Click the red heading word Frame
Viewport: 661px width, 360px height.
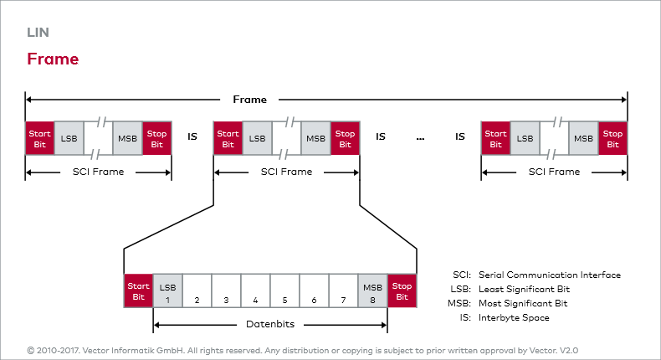(x=53, y=59)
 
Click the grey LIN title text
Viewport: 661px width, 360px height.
(x=37, y=33)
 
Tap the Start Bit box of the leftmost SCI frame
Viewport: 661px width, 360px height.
(x=40, y=138)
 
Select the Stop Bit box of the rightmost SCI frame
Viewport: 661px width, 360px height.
(x=612, y=138)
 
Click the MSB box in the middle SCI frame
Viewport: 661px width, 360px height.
(x=315, y=138)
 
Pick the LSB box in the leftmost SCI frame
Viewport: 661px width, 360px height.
(x=69, y=138)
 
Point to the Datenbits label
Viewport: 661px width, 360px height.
(x=269, y=323)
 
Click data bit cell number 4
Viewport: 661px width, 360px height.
(x=255, y=293)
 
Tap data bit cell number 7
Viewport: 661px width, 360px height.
(x=343, y=293)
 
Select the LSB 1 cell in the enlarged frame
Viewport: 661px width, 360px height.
(x=167, y=293)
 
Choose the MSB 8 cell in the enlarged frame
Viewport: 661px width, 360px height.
(x=372, y=293)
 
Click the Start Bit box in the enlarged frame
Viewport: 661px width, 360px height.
(x=138, y=293)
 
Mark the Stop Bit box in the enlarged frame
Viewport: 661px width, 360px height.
(x=402, y=293)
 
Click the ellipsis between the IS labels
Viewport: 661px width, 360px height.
(x=420, y=136)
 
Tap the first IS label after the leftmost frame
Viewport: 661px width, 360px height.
(x=192, y=136)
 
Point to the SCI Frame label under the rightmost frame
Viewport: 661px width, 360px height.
(x=554, y=172)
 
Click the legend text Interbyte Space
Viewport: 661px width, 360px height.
(x=514, y=318)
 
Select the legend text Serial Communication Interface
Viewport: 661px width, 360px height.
(x=549, y=275)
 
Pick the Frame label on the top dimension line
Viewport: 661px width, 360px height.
(x=249, y=100)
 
